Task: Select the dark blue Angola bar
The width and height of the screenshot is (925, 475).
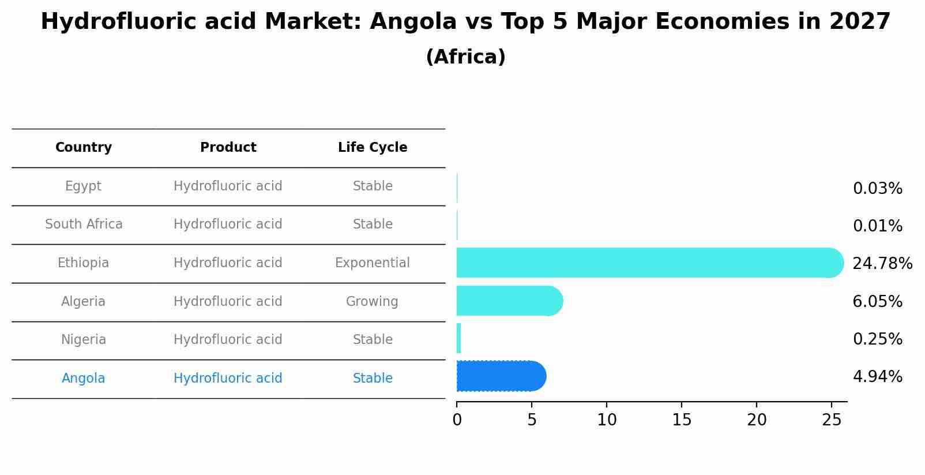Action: [499, 376]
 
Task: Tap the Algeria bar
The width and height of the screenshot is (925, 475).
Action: [507, 301]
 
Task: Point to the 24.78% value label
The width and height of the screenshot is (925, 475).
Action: [882, 264]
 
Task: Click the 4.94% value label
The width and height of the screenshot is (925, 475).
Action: [877, 377]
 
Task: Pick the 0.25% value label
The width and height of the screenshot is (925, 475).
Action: [877, 339]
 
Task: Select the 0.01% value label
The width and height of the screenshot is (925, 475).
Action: [877, 226]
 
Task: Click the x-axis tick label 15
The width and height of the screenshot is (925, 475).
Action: [682, 420]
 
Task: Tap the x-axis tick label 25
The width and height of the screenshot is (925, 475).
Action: [832, 420]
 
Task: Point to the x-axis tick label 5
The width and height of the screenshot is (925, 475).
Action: [532, 420]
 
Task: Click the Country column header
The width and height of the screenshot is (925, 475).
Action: [84, 148]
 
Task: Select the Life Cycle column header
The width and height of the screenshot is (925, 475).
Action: [373, 148]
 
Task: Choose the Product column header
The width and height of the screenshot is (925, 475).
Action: [228, 148]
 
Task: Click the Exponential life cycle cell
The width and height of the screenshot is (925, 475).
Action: [372, 263]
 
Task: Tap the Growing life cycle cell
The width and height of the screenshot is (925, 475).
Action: [372, 302]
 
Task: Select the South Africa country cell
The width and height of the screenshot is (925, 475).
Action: [84, 225]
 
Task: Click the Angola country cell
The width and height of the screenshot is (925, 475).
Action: [84, 379]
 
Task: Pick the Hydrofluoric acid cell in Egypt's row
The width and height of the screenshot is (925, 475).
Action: [228, 186]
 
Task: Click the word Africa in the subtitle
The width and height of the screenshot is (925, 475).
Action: [465, 57]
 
